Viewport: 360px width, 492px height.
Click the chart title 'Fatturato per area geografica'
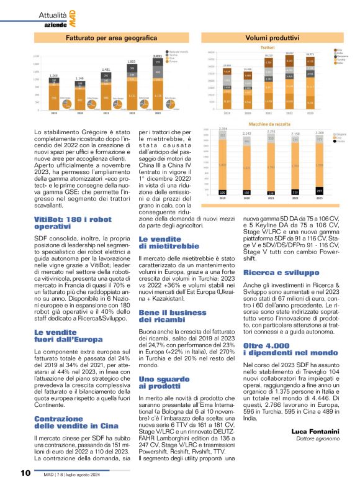pyautogui.click(x=102, y=37)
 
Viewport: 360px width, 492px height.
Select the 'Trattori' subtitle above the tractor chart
pyautogui.click(x=268, y=47)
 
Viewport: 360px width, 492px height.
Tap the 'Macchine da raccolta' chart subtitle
pyautogui.click(x=268, y=124)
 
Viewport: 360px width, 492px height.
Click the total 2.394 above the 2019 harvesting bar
pyautogui.click(x=223, y=129)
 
